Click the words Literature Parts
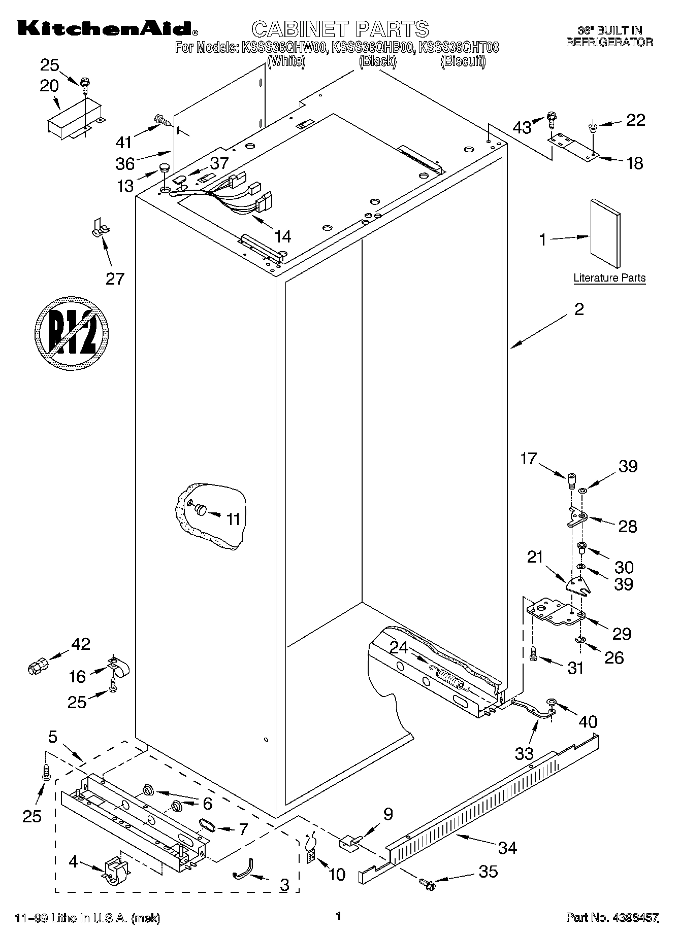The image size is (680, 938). [609, 278]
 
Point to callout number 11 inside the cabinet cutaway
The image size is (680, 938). [233, 519]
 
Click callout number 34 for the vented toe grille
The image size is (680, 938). [507, 847]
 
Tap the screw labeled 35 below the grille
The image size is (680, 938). [428, 884]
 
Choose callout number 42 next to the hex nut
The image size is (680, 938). [81, 644]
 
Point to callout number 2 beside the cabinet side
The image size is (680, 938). [579, 309]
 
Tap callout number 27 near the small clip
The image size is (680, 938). [115, 279]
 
